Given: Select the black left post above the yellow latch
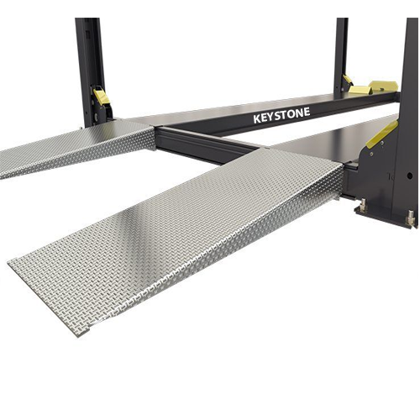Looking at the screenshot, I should tap(90, 50).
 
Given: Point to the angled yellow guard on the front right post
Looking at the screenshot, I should tap(381, 134).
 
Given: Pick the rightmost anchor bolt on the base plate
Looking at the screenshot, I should tap(411, 220).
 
